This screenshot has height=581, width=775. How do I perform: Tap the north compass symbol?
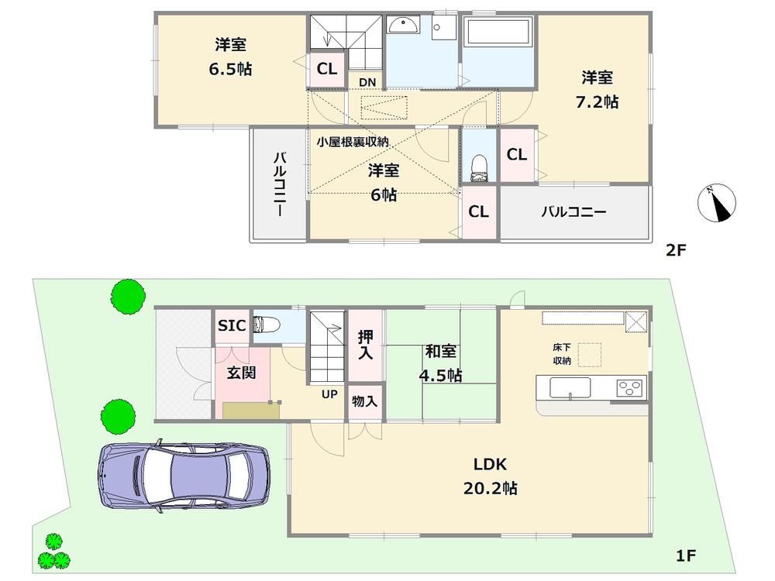[x=717, y=205]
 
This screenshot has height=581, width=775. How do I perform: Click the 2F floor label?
[x=677, y=250]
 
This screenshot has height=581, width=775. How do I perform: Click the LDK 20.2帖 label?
[x=490, y=476]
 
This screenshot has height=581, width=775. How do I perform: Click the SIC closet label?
[x=232, y=326]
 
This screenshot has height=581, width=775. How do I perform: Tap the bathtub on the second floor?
[x=497, y=35]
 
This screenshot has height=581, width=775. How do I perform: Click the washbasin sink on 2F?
[x=403, y=26]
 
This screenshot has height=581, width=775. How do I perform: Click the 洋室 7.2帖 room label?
[x=598, y=89]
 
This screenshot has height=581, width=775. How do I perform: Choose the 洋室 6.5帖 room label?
[x=230, y=57]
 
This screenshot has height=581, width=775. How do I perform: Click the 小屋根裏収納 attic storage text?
[x=353, y=142]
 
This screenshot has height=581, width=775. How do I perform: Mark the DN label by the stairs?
[x=367, y=81]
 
